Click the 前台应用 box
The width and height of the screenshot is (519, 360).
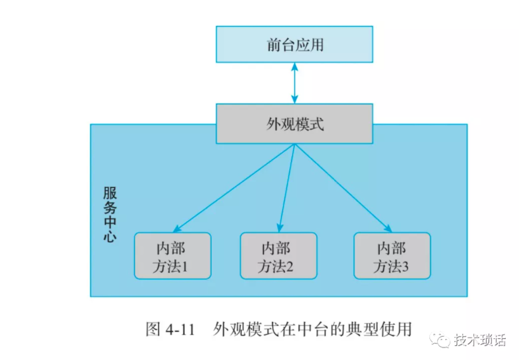(x=294, y=44)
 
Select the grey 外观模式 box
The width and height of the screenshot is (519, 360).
(x=294, y=123)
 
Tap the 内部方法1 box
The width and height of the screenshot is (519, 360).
(x=171, y=256)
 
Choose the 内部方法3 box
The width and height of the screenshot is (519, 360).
(x=391, y=256)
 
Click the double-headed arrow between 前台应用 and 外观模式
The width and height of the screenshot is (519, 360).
(x=294, y=79)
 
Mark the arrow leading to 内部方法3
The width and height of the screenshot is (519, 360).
(x=343, y=187)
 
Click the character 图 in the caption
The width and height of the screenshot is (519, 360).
(x=153, y=330)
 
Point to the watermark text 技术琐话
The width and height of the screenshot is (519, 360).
(x=480, y=340)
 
